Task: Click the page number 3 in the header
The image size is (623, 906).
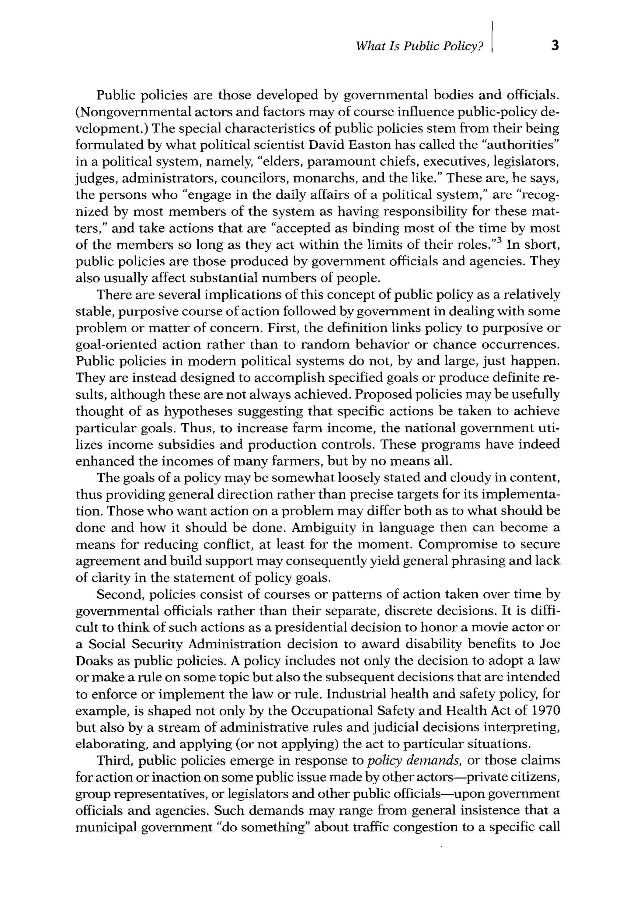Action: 555,46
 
